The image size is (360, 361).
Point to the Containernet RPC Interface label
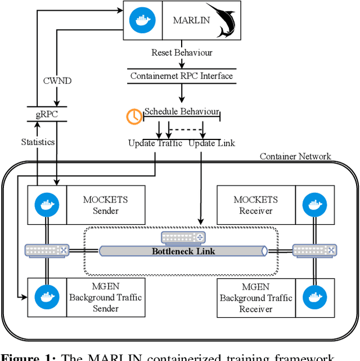(x=181, y=75)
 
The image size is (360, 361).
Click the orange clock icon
(x=134, y=116)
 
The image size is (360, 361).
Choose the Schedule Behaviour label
(x=182, y=111)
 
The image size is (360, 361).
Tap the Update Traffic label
(x=155, y=143)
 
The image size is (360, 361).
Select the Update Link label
(x=211, y=143)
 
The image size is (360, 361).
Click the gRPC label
(x=46, y=115)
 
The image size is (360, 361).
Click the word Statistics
(x=38, y=142)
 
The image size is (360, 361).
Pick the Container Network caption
(x=295, y=156)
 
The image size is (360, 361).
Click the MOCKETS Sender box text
(x=105, y=205)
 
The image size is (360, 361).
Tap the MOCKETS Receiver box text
(x=256, y=205)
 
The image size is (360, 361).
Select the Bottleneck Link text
(x=183, y=251)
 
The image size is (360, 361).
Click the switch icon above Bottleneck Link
(x=183, y=237)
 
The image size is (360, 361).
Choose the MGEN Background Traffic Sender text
(x=105, y=297)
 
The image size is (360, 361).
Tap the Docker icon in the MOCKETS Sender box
(x=47, y=205)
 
